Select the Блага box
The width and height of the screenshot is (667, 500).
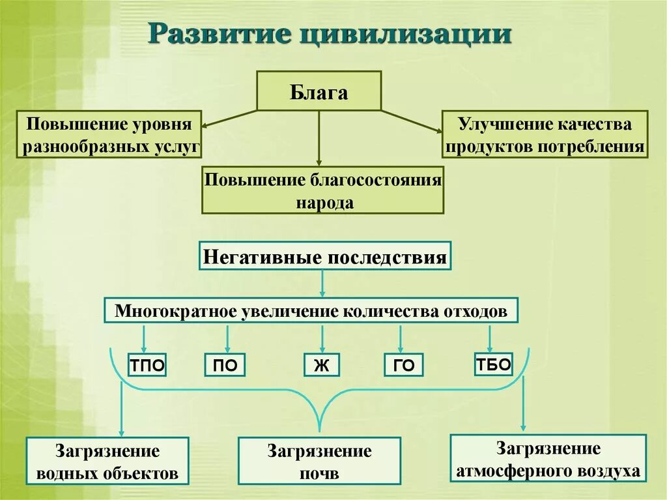[x=319, y=91]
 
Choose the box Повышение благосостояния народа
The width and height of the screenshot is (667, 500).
[x=323, y=190]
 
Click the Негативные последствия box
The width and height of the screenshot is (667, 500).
[x=325, y=256]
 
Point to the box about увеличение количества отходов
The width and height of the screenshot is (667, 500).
[x=311, y=311]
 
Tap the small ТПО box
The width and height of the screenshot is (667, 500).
[x=147, y=366]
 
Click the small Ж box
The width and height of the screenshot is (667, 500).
[x=321, y=366]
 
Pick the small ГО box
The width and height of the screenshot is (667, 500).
[x=403, y=366]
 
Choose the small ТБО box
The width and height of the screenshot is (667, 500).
[x=493, y=364]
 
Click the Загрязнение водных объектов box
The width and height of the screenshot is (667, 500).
[x=107, y=461]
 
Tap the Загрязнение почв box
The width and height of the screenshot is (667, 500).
[x=319, y=461]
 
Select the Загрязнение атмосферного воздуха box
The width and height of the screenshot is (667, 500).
[x=548, y=458]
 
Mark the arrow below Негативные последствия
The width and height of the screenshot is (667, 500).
[x=322, y=284]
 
